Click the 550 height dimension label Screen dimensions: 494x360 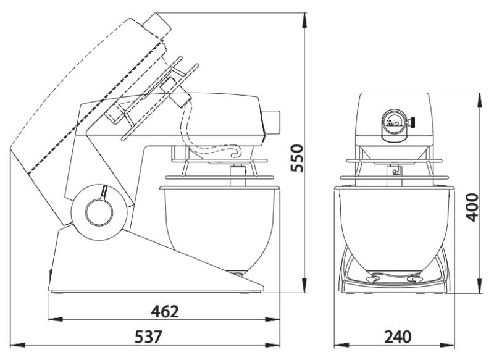(297, 158)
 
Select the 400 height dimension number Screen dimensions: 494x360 (472, 207)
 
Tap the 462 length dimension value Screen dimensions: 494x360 (165, 311)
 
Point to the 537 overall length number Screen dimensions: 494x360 (148, 337)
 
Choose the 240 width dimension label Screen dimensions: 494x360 (398, 337)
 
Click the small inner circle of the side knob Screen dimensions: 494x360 (99, 212)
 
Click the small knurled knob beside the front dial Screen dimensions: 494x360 (411, 122)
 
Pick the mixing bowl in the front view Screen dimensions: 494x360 (394, 232)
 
